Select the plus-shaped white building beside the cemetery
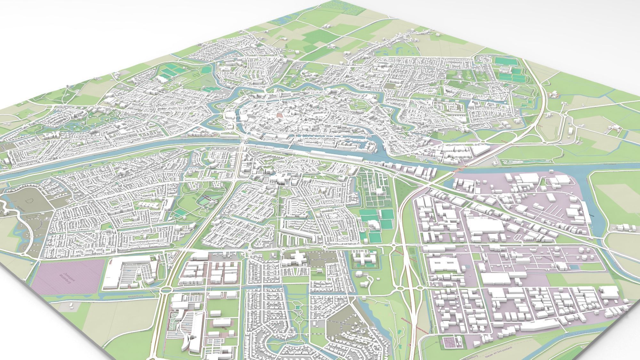(296, 258)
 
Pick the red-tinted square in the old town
(280, 113)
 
